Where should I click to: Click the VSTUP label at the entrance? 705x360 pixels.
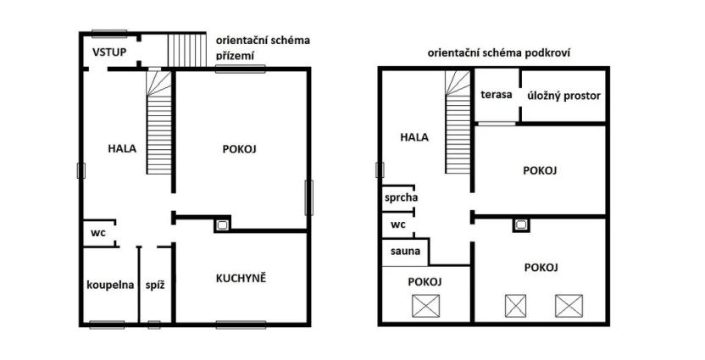[109, 52]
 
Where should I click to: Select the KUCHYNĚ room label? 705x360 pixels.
[241, 278]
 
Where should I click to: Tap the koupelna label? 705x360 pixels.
[110, 285]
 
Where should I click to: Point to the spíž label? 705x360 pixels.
[154, 285]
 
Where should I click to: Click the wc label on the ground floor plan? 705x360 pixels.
[98, 231]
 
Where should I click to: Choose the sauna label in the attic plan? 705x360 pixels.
[405, 252]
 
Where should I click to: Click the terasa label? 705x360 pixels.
[497, 95]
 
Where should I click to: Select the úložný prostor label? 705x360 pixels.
[563, 96]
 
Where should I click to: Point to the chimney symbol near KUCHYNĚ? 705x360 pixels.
[221, 225]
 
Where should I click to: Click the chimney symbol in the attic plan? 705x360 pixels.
[519, 225]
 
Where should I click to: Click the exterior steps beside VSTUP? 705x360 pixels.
[186, 49]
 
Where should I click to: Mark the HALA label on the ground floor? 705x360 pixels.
[123, 148]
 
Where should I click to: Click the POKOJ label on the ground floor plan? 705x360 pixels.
[239, 148]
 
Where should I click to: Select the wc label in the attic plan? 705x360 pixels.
[397, 224]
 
